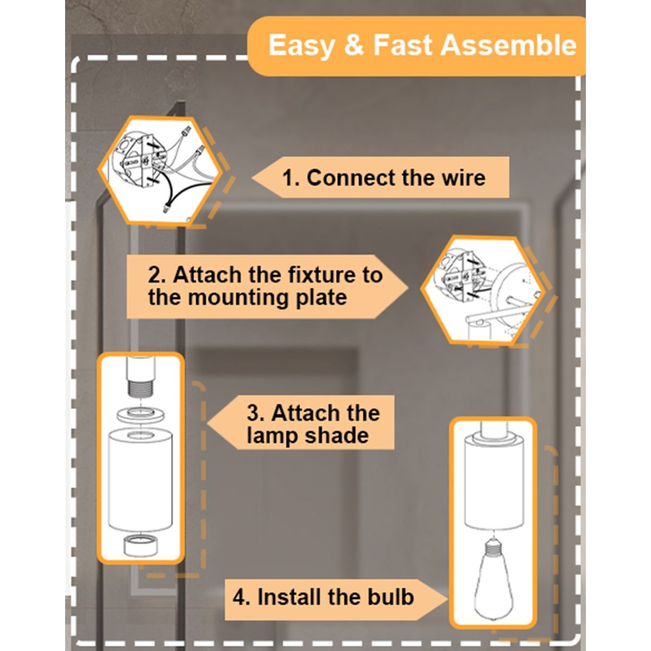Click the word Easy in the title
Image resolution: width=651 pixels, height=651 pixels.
pos(301,45)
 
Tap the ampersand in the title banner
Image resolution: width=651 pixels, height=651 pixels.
pos(353,45)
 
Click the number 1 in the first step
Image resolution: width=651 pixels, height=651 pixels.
pos(290,178)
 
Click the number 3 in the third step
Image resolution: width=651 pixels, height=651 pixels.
pos(254,413)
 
